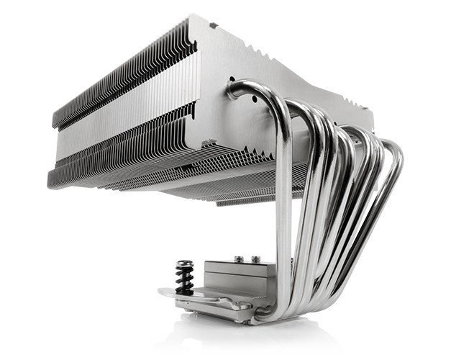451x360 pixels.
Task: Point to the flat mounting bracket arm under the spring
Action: [176, 295]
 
